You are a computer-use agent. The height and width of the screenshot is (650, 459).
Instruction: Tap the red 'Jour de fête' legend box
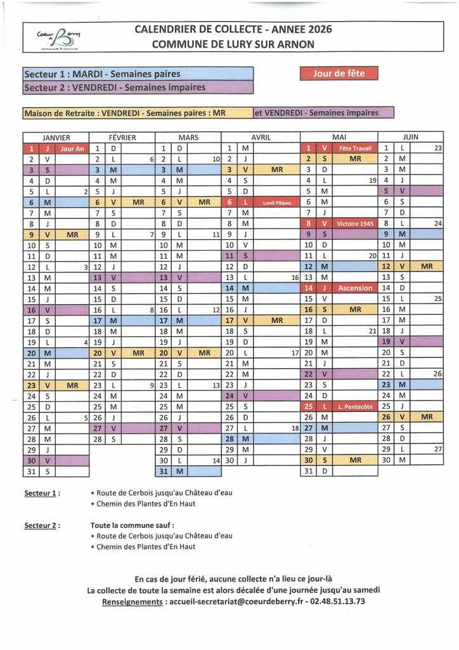point(339,73)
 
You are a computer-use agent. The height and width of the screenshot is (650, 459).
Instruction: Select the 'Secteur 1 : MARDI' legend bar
point(138,74)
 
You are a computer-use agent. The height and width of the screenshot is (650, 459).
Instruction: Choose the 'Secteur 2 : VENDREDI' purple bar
point(138,87)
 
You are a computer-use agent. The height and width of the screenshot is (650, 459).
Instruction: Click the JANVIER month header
point(56,136)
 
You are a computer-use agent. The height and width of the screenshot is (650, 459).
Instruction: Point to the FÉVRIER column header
point(122,136)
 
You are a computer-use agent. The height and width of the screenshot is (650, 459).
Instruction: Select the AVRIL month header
point(261,136)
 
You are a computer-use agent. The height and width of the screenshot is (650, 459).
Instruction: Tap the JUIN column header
point(410,136)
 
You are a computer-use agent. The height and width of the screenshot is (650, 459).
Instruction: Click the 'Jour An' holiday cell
point(72,148)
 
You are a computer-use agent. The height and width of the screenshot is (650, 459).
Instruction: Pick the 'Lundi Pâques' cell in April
point(276,202)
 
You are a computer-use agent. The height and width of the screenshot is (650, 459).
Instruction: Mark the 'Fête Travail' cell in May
point(355,148)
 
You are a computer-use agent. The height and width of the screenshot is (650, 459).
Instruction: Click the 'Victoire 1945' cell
point(355,223)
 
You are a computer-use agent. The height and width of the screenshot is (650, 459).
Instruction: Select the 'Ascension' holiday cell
point(355,288)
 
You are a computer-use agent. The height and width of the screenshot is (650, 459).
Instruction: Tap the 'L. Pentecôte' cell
point(355,406)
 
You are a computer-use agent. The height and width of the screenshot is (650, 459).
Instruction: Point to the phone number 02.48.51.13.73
point(343,601)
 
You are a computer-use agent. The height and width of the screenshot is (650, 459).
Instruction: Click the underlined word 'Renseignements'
point(132,602)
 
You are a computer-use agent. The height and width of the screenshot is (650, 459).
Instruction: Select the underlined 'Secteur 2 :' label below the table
point(42,525)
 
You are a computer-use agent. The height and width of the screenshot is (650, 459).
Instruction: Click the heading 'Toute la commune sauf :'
point(132,525)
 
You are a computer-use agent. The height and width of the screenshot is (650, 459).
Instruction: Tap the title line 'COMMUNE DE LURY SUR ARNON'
point(233,44)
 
